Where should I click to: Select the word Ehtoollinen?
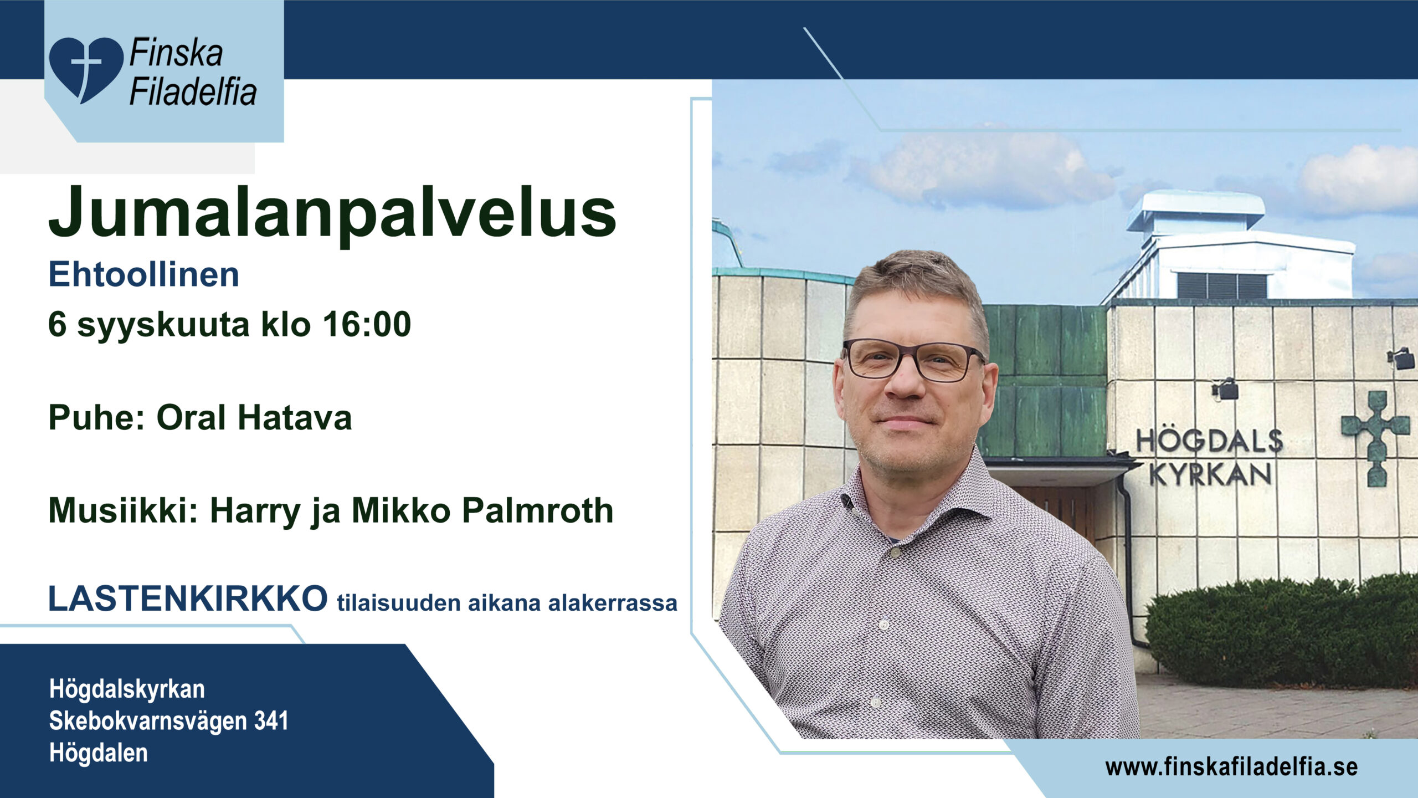coord(144,274)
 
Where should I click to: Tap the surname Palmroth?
coord(538,510)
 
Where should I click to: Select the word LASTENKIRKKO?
coord(188,598)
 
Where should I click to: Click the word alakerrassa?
coord(613,603)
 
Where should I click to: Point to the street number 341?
coord(271,721)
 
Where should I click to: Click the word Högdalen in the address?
coord(99,753)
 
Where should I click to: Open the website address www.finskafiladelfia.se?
coord(1231,768)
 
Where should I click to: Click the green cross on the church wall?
coord(1375,438)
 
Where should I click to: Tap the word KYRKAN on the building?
coord(1211,474)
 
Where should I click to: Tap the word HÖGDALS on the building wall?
coord(1209,441)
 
